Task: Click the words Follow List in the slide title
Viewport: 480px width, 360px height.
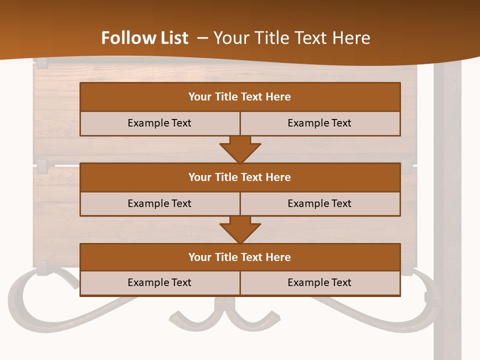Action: point(144,38)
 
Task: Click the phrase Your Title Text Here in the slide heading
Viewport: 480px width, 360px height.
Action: point(291,38)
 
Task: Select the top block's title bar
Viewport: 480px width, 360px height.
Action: point(240,97)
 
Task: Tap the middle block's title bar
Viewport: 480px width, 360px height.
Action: point(240,177)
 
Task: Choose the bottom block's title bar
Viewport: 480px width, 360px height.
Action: point(240,257)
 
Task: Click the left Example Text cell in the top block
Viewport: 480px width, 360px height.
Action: point(159,123)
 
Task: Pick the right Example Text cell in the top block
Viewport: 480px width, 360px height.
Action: point(319,123)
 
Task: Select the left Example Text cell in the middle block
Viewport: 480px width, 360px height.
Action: point(159,203)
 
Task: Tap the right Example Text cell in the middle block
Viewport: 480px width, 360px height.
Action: point(319,203)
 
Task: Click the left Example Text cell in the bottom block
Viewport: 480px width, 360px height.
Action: point(159,282)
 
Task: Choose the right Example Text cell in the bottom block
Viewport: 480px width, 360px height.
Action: point(319,282)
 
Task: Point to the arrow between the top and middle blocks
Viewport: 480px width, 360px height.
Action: point(240,149)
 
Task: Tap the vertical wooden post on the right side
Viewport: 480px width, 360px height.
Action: point(447,210)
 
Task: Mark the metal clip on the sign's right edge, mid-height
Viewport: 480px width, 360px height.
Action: point(408,165)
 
